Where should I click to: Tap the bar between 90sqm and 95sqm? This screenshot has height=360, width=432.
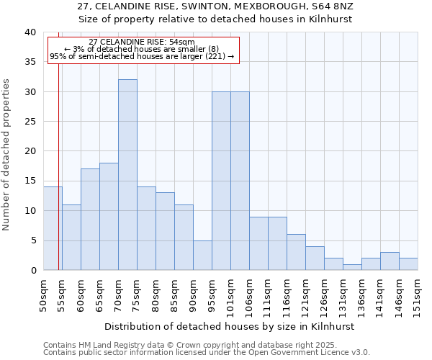tap(202, 255)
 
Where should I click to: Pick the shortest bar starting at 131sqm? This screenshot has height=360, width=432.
tap(352, 267)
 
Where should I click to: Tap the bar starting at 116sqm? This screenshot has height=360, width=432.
tap(296, 252)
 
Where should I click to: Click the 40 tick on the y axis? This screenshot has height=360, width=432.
tap(30, 32)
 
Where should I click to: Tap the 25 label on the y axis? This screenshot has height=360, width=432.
tap(30, 122)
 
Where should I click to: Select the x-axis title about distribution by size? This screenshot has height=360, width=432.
tap(230, 326)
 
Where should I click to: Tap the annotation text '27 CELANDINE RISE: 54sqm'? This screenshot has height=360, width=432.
tap(142, 42)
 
